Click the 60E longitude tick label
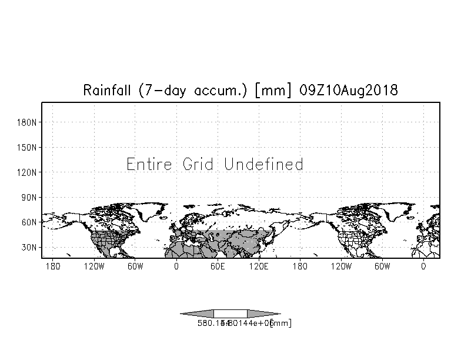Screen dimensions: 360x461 point(218,266)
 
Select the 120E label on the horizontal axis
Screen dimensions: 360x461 point(259,266)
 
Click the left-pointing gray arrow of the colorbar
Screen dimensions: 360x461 point(196,314)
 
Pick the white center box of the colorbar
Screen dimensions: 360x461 point(230,314)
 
